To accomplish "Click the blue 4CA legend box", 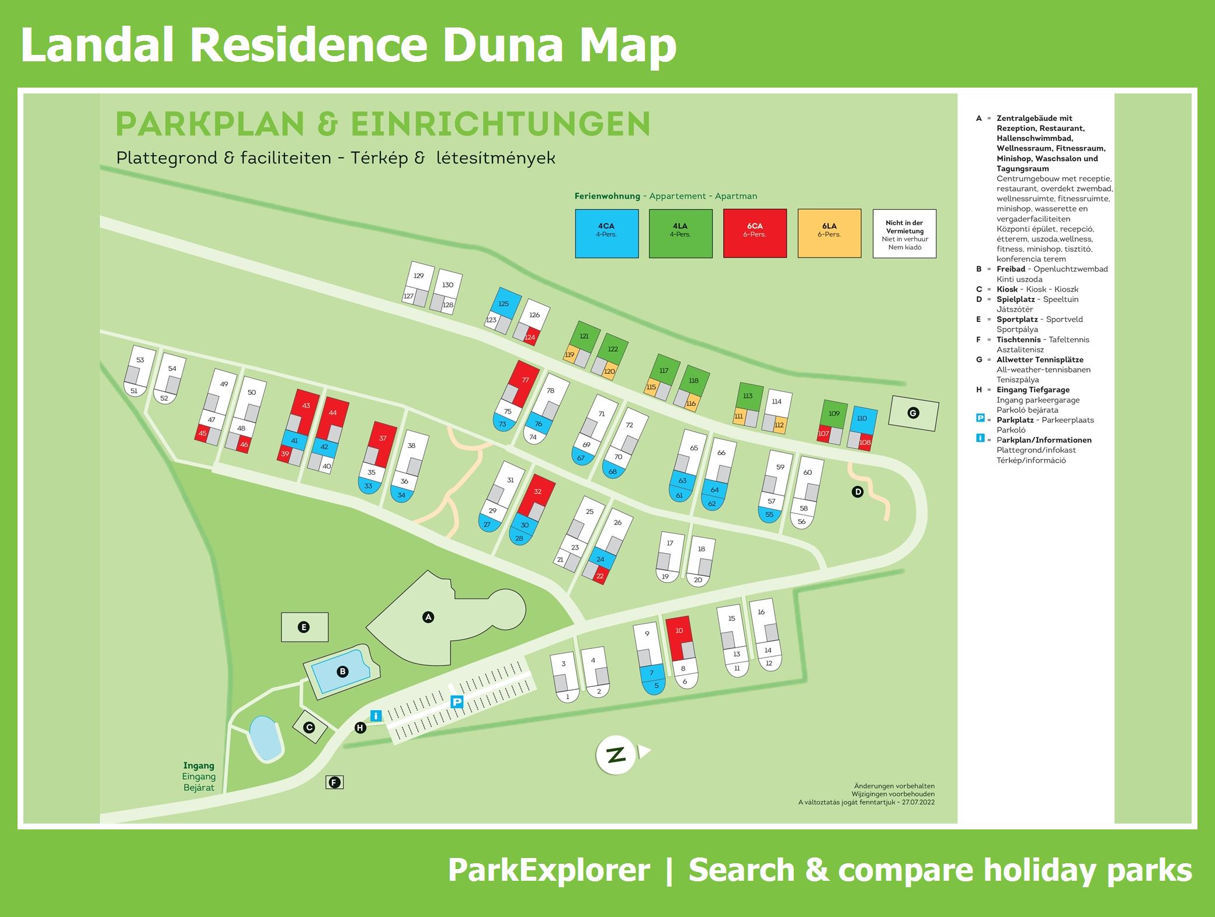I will coord(606,234).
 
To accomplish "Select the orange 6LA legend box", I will coord(829,234).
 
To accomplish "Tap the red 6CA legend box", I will coord(755,234).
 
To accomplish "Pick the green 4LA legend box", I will coord(681,234).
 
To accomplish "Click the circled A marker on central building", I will coord(428,617).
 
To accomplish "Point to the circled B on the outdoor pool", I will coord(343,672).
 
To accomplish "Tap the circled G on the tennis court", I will coord(913,413).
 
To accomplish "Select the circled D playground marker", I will coord(858,492).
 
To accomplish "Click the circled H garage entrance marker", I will coord(360,728).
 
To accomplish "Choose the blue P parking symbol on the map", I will coord(457,703).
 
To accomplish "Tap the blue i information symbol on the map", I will coord(376,715).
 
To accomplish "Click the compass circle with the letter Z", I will coord(616,755).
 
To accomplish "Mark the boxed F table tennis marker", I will coord(334,783).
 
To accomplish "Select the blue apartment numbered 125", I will coord(503,303).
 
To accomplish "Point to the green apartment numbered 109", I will coord(834,414).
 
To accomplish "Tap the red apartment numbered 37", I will coord(382,440).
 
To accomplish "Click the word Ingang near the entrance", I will coord(199,765).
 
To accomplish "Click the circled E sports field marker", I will coord(304,627).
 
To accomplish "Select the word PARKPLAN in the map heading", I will coord(210,123).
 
